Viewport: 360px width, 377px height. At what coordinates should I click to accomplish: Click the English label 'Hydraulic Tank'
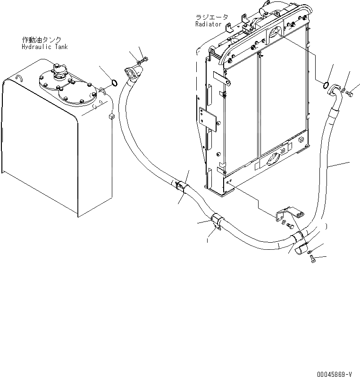click(x=44, y=47)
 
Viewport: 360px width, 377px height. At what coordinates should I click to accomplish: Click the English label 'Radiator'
click(x=208, y=24)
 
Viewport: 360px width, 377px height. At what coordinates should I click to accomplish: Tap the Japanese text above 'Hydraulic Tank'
click(x=42, y=40)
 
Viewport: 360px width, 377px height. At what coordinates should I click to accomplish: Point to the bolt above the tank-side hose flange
click(x=144, y=59)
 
